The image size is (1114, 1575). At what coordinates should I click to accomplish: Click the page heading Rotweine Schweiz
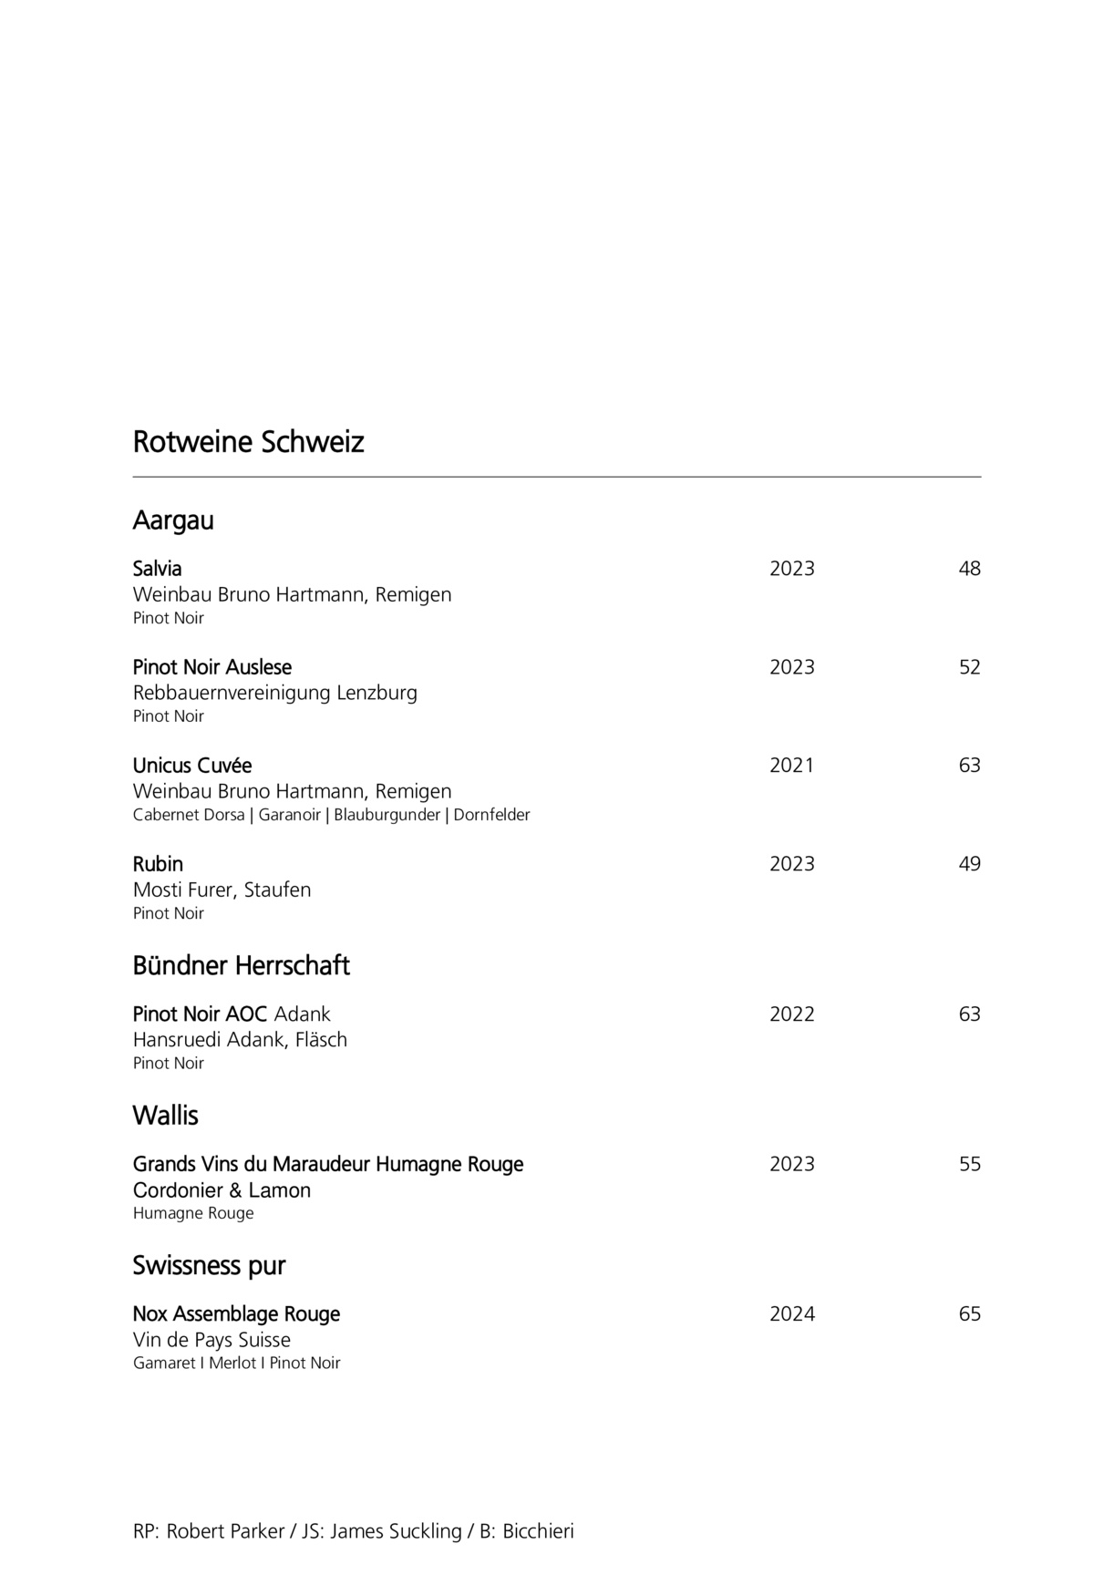pos(248,442)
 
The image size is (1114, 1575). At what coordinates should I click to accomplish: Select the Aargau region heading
pos(173,520)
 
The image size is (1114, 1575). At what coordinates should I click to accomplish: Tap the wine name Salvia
pos(157,569)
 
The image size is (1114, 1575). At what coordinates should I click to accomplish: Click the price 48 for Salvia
pos(969,569)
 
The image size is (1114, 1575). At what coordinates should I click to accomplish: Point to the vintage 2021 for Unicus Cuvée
pos(791,766)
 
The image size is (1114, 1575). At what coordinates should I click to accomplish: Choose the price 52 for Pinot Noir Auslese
pos(969,667)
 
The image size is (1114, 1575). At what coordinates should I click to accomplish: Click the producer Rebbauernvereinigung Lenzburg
pos(274,693)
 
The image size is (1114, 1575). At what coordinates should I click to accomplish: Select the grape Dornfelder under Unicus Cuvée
pos(491,815)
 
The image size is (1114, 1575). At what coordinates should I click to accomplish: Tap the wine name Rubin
pos(158,864)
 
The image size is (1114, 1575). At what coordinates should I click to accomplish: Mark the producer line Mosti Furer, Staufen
pos(222,890)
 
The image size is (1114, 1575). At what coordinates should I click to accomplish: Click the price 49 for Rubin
pos(969,864)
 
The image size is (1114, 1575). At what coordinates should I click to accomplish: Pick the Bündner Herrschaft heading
pos(241,966)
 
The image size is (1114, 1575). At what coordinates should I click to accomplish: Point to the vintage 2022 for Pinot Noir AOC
pos(791,1014)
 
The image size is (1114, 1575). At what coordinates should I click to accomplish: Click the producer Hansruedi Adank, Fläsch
pos(240,1040)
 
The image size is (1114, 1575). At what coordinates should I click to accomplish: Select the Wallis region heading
pos(165,1116)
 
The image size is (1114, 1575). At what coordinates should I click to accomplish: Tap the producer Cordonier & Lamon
pos(222,1190)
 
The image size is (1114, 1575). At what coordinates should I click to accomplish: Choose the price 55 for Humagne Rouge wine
pos(969,1164)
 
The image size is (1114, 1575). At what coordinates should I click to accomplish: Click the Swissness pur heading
pos(209,1266)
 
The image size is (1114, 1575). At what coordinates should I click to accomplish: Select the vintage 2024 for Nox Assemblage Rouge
pos(791,1314)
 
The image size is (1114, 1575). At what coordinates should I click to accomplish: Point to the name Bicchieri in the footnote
pos(538,1531)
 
